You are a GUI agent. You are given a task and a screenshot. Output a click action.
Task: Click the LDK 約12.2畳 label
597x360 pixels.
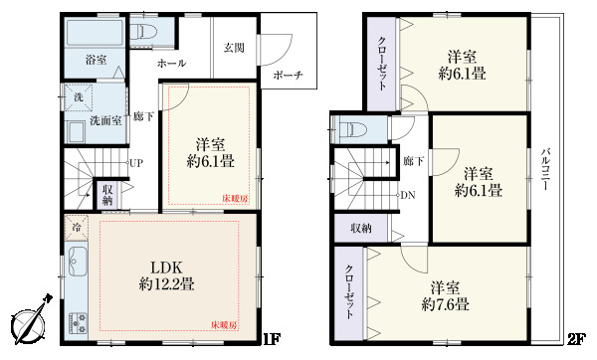coord(166,275)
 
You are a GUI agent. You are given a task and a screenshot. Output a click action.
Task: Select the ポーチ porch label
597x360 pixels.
coord(287,76)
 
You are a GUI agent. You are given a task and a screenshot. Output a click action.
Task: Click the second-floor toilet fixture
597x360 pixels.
coord(349,128)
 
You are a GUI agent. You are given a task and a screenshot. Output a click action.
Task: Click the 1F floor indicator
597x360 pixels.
coord(269,339)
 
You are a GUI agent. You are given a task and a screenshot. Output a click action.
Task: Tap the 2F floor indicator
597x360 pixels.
coord(575,339)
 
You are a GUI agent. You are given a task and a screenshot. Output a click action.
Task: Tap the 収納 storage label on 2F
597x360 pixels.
coord(359,228)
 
